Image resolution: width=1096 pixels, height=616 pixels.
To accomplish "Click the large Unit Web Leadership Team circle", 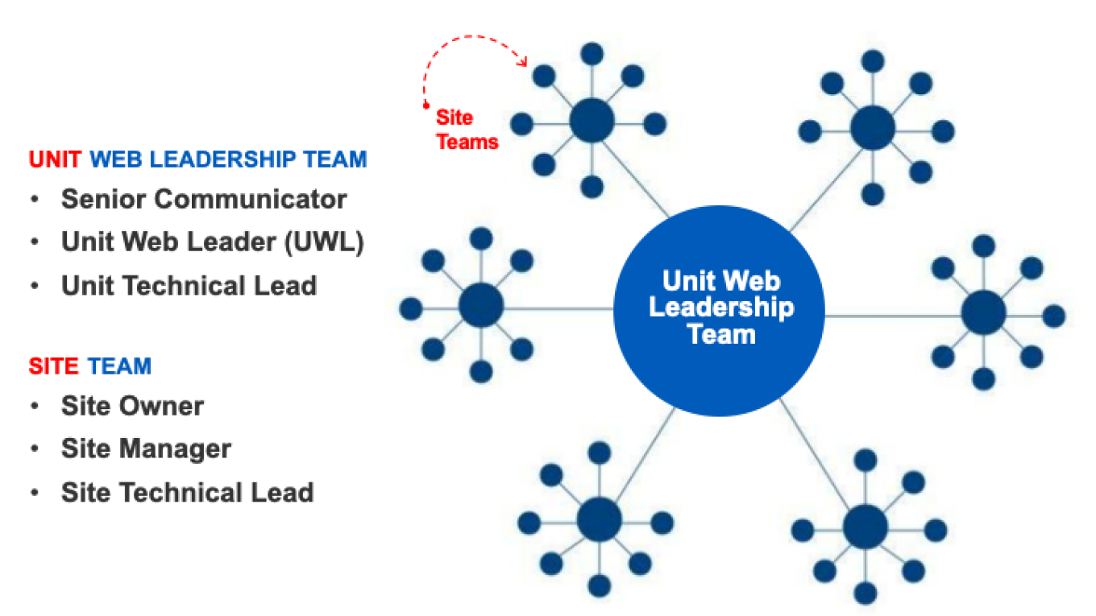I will pos(719,311).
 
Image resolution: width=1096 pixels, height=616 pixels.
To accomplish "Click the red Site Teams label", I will pos(467,130).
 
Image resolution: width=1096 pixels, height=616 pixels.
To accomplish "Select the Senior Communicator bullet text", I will pos(204,199).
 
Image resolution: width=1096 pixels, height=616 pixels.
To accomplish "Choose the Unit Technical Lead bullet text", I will pos(189,286).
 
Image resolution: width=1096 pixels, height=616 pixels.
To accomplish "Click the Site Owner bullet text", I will pos(132,406).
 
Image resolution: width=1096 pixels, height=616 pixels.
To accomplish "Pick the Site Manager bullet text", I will pos(146,449).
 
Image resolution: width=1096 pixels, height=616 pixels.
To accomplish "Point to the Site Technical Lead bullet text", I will pos(187,492).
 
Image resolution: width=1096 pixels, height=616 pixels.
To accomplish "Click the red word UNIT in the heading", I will pos(55,159).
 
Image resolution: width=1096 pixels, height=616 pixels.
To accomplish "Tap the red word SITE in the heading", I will pos(54,366).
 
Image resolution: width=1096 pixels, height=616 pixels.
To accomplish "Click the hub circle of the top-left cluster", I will pos(592,122).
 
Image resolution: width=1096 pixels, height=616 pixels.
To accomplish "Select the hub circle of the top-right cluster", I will pos(873,128).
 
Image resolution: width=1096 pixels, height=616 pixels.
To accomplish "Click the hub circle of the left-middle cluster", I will pos(481,306).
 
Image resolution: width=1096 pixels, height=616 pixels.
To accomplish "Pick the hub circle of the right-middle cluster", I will pos(983,312).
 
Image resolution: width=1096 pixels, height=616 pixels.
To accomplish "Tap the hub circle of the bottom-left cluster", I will pos(599,519).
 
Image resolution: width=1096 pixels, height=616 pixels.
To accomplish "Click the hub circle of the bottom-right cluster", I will pos(866,527).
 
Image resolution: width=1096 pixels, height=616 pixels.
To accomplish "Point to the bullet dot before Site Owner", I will pos(35,406).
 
